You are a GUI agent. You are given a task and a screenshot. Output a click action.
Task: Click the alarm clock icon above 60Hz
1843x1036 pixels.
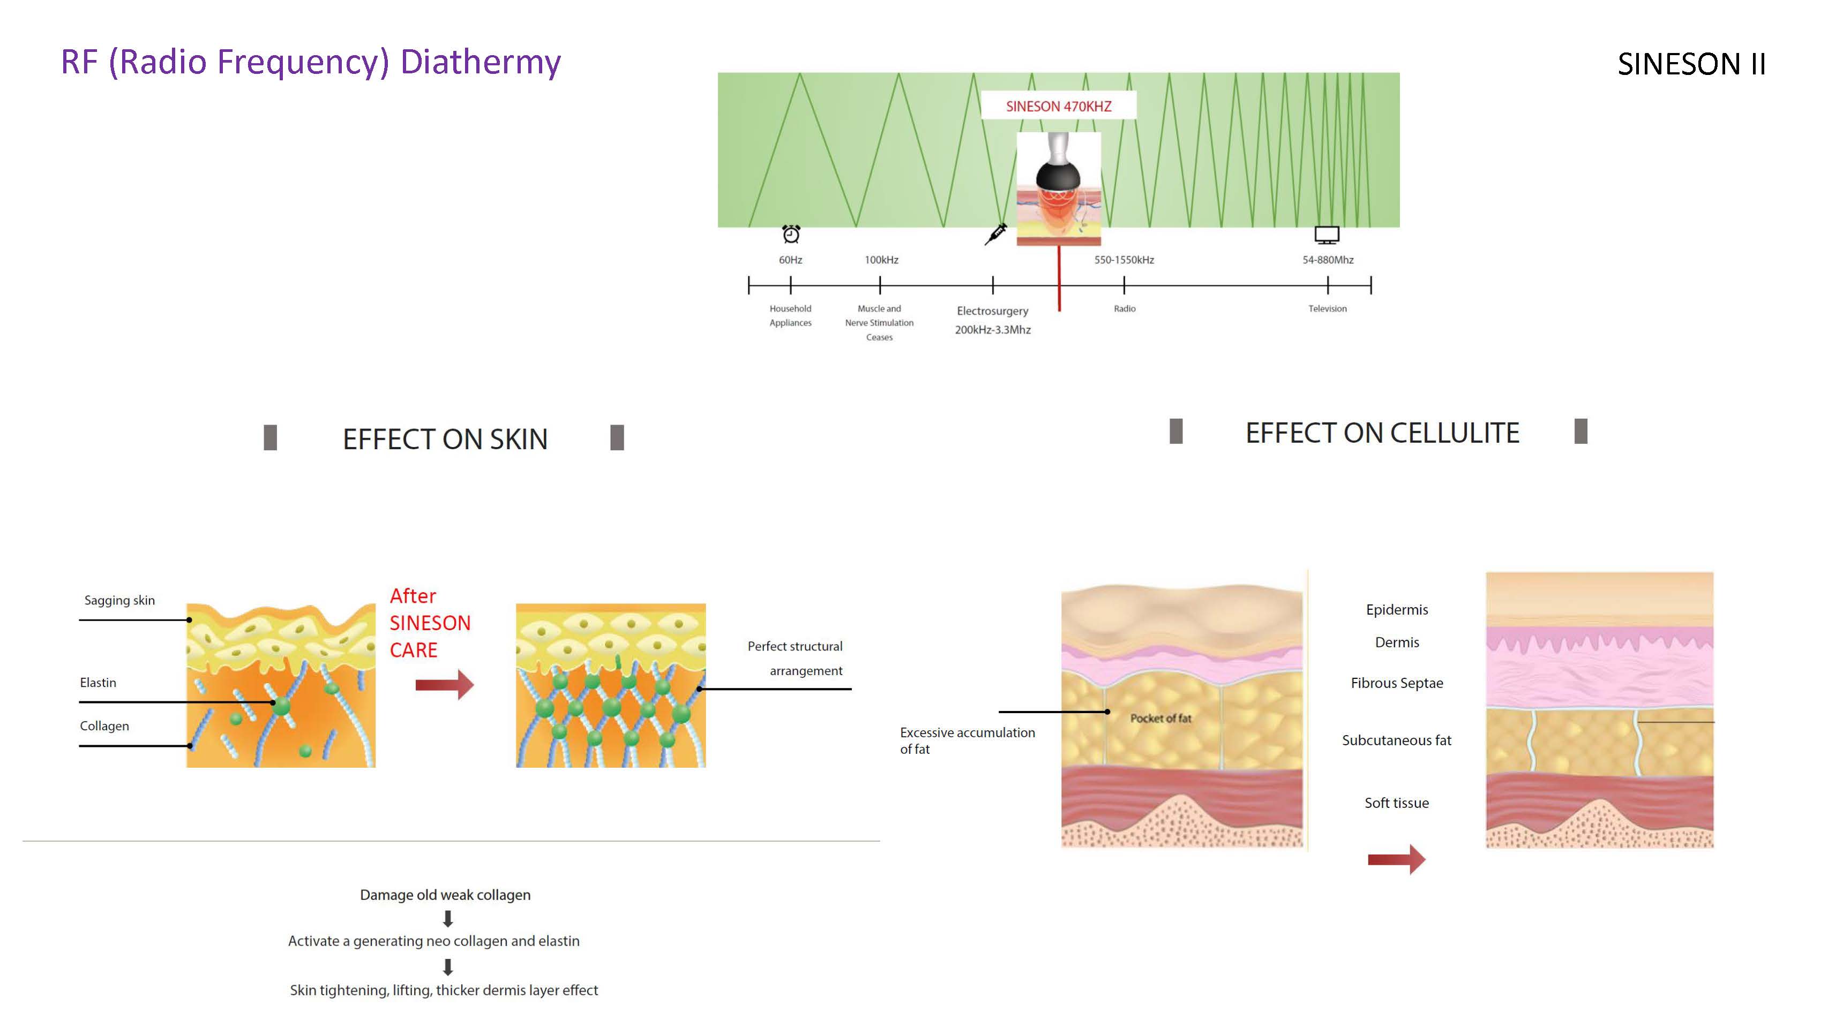[791, 234]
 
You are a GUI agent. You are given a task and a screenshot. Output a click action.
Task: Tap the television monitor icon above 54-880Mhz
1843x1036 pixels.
[1327, 235]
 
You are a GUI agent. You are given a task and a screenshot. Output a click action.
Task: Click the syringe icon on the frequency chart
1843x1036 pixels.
[995, 234]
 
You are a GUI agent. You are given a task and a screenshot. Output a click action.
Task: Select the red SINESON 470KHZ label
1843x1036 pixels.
[1058, 107]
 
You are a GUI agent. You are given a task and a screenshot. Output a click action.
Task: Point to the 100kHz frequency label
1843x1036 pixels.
[881, 260]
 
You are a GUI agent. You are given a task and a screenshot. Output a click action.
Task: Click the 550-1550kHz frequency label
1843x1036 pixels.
[1123, 260]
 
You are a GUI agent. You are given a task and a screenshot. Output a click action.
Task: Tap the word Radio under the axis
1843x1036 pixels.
[1124, 308]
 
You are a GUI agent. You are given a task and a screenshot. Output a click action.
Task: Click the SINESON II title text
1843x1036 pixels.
[1691, 64]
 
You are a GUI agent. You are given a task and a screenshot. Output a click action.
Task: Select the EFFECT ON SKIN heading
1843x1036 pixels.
[445, 439]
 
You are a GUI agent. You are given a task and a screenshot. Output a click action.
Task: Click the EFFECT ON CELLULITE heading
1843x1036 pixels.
[1382, 433]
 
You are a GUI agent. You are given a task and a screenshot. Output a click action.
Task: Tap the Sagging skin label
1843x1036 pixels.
[119, 600]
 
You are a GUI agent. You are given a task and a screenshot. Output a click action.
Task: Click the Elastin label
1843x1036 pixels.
[98, 682]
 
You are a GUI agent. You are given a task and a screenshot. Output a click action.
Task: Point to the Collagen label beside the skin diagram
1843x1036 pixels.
[104, 725]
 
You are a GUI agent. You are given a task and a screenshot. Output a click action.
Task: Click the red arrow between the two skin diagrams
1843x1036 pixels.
[444, 684]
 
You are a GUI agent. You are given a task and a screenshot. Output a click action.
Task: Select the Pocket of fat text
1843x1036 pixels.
[1160, 718]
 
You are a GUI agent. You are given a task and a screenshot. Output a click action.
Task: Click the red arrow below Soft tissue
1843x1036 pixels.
[1396, 859]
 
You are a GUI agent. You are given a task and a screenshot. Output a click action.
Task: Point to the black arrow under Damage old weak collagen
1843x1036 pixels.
[448, 918]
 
